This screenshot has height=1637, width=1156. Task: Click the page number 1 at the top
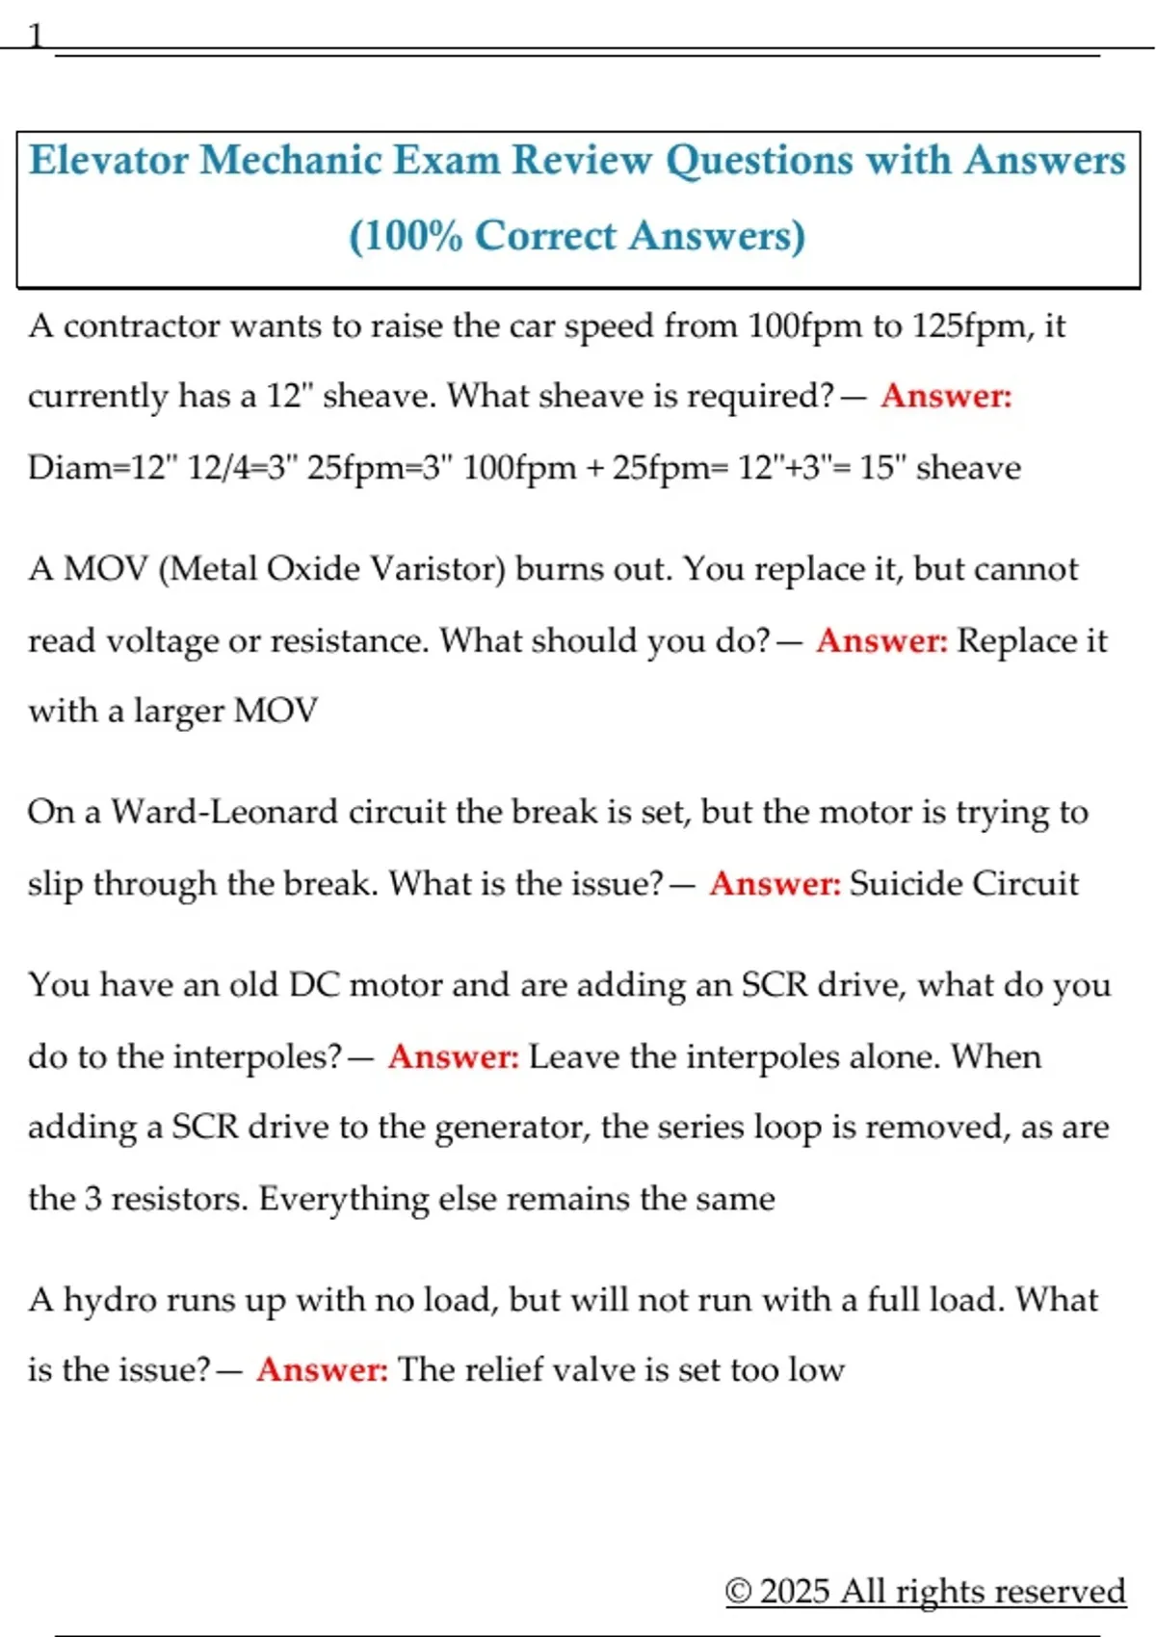tap(36, 37)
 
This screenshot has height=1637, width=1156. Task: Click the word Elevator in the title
tap(109, 161)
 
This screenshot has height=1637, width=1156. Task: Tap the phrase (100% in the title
tap(405, 237)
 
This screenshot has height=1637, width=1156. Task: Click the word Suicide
tap(906, 884)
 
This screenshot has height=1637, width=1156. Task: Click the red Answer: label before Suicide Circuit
tap(775, 884)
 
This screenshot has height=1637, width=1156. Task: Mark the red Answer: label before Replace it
tap(882, 641)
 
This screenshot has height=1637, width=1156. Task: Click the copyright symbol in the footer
tap(738, 1591)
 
